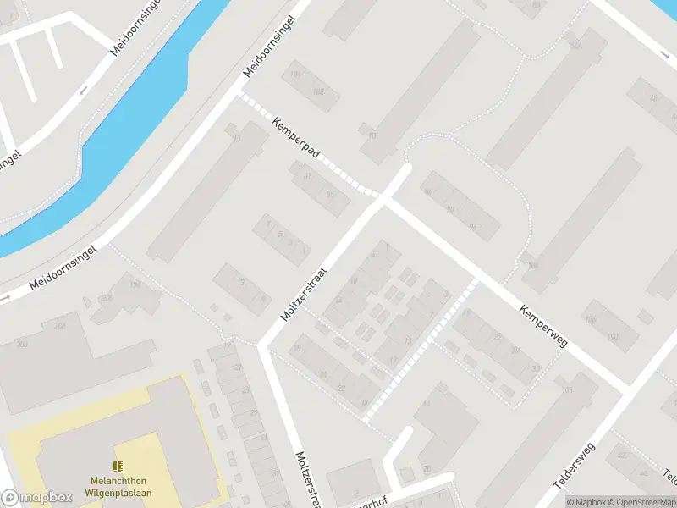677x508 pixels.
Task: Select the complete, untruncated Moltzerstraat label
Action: click(x=303, y=290)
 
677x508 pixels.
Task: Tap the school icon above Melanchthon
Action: click(x=117, y=467)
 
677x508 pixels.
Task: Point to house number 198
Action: click(x=135, y=284)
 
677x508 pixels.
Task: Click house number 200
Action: click(x=107, y=298)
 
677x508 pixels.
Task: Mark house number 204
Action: click(x=60, y=325)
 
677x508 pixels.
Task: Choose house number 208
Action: click(x=22, y=344)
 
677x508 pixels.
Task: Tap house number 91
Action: click(x=308, y=176)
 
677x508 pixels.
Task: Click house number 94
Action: click(x=472, y=227)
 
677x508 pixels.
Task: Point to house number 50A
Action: click(x=576, y=46)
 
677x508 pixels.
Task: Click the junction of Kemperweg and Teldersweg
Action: click(x=629, y=389)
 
